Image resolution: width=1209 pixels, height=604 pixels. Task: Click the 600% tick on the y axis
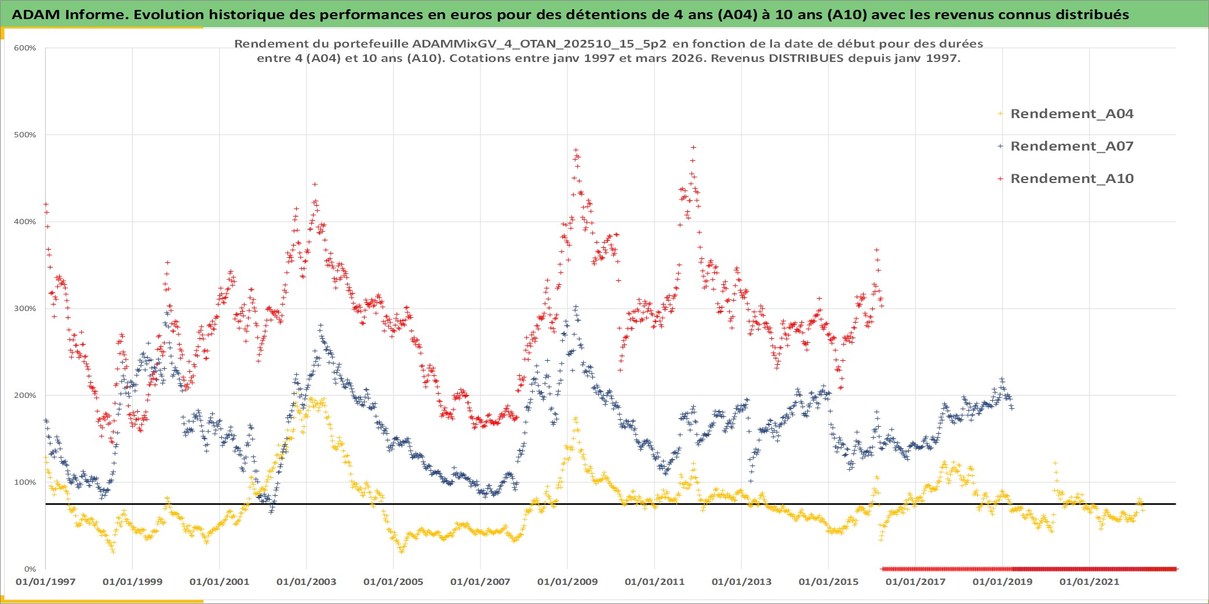coord(25,48)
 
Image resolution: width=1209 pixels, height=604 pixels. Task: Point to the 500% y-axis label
coord(25,135)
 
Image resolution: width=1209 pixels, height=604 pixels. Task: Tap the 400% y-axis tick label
coord(25,222)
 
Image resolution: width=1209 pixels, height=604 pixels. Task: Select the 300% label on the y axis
coord(25,309)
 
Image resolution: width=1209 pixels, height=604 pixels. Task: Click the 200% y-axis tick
coord(25,396)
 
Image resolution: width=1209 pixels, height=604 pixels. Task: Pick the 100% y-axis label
coord(25,482)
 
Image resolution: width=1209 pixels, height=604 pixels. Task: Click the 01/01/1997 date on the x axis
coord(45,582)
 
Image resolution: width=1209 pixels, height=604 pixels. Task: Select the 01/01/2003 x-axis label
coord(306,582)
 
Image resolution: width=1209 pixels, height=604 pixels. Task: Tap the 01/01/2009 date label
coord(567,582)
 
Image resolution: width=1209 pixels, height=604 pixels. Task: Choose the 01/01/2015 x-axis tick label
coord(828,582)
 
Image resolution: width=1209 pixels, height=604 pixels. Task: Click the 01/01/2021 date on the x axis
coord(1089,582)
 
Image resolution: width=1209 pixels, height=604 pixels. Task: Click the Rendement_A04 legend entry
coord(1072,114)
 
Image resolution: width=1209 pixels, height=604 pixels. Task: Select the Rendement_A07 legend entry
coord(1072,147)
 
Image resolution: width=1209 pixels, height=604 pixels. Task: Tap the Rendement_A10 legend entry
coord(1072,179)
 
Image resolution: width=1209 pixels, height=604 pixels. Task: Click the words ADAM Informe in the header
coord(68,14)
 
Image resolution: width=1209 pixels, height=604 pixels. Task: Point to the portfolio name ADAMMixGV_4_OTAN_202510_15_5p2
coord(539,44)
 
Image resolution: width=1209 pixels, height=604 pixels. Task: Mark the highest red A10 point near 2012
coord(693,148)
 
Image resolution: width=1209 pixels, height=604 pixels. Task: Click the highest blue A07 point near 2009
coord(576,307)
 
